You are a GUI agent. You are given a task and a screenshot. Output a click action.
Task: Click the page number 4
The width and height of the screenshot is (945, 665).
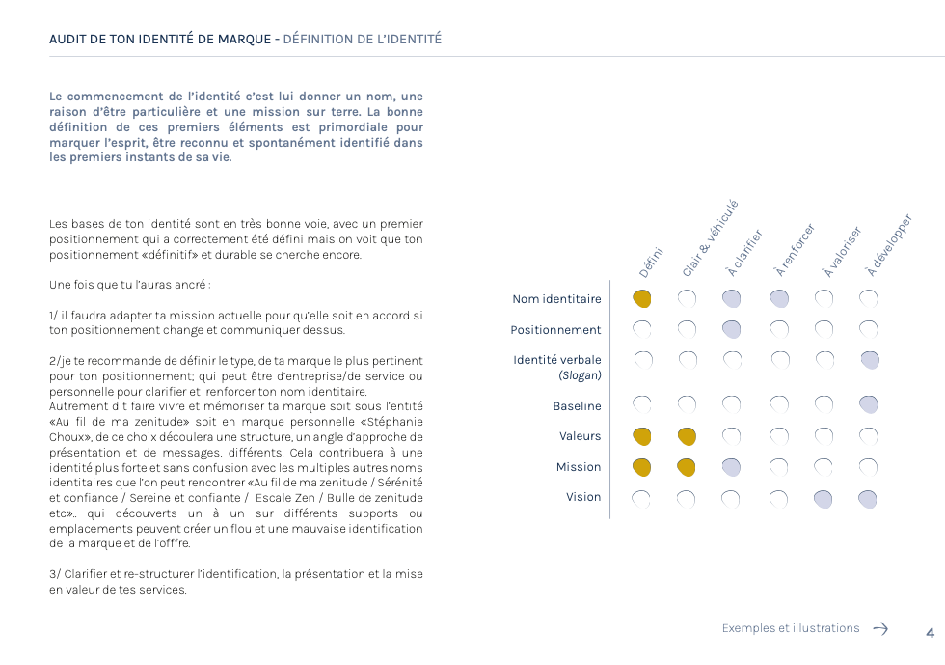coord(930,633)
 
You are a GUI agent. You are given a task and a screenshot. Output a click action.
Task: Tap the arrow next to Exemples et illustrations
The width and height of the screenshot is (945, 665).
coord(880,628)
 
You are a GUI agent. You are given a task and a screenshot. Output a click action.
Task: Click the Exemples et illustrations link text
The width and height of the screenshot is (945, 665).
coord(790,628)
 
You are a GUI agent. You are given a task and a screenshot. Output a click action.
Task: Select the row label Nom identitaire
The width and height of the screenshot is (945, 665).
coord(556,299)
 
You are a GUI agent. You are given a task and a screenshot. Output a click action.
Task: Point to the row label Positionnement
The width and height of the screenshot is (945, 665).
coord(555,330)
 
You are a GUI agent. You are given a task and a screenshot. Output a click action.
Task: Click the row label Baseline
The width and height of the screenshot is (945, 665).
coord(577,406)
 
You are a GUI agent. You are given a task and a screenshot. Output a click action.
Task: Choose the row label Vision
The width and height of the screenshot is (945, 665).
coord(583,497)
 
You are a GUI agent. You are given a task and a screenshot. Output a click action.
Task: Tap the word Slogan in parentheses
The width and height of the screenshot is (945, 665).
coord(580,375)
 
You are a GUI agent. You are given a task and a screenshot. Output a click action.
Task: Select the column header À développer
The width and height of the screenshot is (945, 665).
coord(888,245)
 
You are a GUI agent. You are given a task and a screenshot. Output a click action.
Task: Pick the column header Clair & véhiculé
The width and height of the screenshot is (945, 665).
coord(709,238)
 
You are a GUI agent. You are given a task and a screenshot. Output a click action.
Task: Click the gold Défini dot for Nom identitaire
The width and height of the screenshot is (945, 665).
coord(642,299)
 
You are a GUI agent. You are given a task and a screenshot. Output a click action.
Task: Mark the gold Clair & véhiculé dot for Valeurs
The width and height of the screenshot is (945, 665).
coord(687,436)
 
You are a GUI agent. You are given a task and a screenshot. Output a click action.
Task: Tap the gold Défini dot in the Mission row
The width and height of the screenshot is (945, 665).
coord(642,468)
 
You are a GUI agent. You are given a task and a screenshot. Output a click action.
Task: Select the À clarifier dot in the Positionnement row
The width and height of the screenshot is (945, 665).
coord(732,330)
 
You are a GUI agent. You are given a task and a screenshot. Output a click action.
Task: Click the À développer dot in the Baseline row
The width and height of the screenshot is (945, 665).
coord(869,404)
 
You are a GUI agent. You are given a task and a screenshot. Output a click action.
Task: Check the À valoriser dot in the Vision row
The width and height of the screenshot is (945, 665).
coord(823,499)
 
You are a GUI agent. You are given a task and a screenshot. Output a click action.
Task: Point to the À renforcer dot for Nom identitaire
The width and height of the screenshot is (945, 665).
coord(779,299)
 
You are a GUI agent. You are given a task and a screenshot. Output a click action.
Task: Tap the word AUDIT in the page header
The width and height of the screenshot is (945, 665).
coord(69,40)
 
